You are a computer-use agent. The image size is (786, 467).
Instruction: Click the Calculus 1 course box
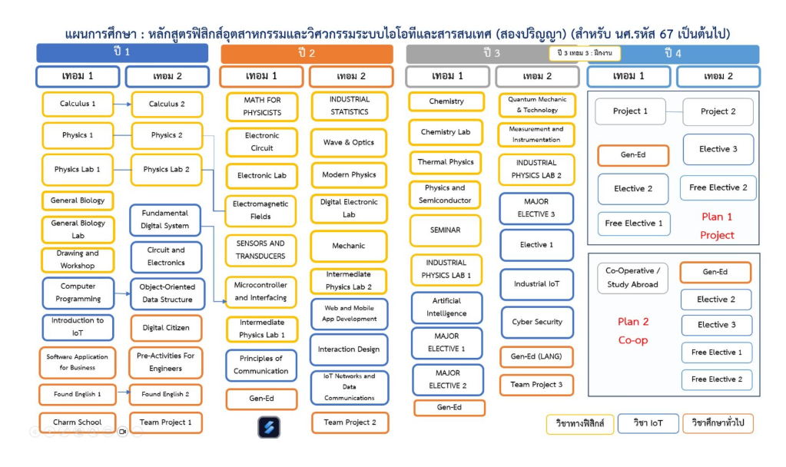[x=78, y=104]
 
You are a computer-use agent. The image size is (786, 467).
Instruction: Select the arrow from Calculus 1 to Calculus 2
[x=122, y=104]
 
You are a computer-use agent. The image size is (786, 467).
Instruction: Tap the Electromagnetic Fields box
[x=260, y=210]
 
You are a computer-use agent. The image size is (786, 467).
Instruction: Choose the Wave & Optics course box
[x=349, y=143]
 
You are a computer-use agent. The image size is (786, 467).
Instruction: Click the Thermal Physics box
[x=445, y=162]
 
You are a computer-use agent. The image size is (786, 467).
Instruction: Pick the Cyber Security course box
[x=537, y=322]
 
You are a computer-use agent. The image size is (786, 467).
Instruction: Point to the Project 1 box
[x=630, y=111]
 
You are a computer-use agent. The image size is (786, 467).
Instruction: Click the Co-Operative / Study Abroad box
[x=632, y=277]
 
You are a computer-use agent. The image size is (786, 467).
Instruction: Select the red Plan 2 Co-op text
[x=633, y=331]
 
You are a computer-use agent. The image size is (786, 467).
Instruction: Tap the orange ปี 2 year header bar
[x=307, y=54]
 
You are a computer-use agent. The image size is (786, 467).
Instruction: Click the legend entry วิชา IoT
[x=648, y=423]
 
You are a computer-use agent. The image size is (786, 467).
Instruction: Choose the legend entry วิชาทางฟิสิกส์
[x=580, y=423]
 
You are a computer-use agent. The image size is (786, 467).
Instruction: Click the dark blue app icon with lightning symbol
[x=269, y=427]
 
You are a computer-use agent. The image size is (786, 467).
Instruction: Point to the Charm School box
[x=77, y=422]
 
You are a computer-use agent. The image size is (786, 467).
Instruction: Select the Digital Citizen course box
[x=166, y=328]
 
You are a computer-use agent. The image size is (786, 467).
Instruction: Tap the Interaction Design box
[x=349, y=349]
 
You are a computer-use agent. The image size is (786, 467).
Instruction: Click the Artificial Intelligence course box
[x=446, y=307]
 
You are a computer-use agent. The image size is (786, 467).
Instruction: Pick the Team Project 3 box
[x=536, y=385]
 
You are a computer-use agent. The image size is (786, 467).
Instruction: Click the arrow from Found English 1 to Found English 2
[x=123, y=393]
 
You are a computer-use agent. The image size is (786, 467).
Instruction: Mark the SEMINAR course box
[x=445, y=230]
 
